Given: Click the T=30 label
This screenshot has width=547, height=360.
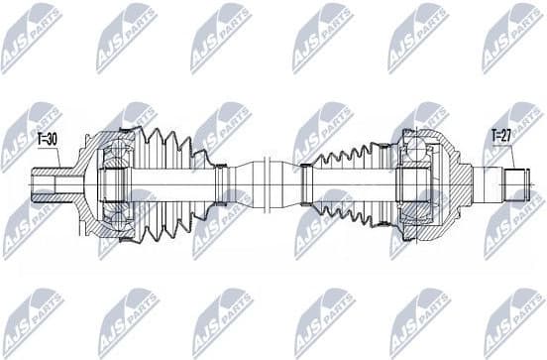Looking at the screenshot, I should (47, 141).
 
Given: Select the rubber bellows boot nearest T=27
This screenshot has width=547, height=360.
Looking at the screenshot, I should (347, 183).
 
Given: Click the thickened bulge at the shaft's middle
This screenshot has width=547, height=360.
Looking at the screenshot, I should (268, 183).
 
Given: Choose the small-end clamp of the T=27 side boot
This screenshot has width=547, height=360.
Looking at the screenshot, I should (306, 183).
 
